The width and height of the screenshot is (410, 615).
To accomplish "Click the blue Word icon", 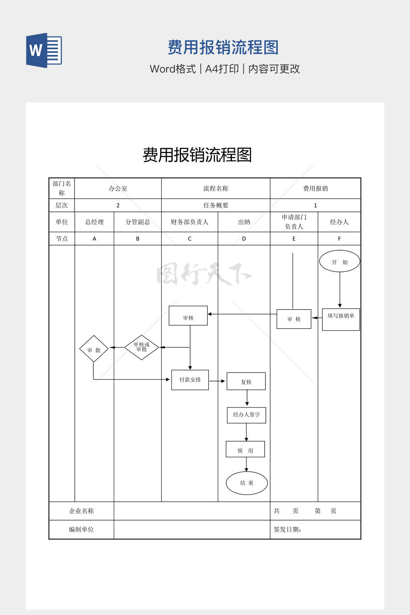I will [44, 50].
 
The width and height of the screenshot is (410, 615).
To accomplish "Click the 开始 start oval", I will [340, 261].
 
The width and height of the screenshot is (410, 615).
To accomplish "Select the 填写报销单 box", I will [341, 319].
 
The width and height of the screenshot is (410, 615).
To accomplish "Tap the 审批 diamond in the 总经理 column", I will [94, 349].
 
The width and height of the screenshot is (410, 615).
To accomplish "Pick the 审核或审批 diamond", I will [142, 347].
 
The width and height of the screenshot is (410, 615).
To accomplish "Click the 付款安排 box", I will [190, 380].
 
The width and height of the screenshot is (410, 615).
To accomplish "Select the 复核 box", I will [246, 381].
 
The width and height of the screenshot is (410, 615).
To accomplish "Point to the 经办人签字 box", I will [246, 415].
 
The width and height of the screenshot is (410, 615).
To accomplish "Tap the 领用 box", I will [245, 449].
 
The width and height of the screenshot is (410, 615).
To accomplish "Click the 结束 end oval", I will [247, 483].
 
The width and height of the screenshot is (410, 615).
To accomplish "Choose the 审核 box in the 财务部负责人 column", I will [188, 316].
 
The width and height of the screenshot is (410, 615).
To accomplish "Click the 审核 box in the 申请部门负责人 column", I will [294, 319].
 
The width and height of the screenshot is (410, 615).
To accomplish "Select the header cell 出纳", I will [244, 222].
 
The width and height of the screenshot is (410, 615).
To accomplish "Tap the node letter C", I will [189, 239].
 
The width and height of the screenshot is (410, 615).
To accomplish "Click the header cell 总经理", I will [94, 222].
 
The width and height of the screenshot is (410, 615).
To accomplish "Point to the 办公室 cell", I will [118, 188].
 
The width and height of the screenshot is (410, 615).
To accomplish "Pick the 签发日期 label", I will [287, 529].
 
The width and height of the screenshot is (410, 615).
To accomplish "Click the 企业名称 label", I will [81, 511].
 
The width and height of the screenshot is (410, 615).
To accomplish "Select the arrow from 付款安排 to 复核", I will [217, 381].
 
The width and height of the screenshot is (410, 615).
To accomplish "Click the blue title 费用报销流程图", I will [223, 47].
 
